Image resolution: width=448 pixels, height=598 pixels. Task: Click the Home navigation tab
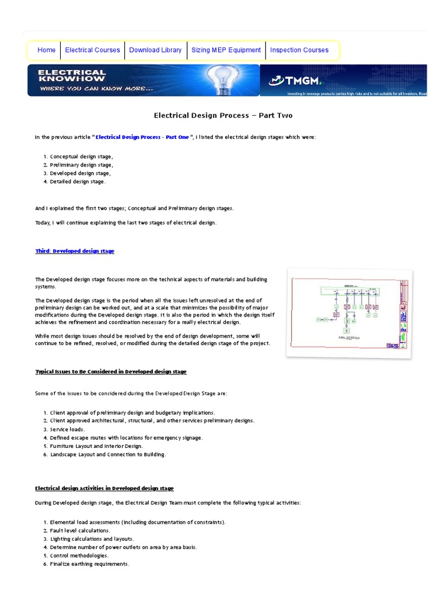pos(46,50)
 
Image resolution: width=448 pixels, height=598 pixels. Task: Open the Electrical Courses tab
pos(92,50)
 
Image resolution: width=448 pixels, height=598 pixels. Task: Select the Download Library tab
pos(155,50)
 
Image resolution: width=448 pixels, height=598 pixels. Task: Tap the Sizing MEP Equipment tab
pos(226,50)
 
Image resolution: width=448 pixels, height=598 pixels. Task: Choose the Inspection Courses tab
pos(299,50)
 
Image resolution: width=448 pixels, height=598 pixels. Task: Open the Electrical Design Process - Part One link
pos(142,137)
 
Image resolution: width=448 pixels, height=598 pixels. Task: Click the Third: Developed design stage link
pos(75,251)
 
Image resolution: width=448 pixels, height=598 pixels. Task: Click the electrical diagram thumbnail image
pos(349,312)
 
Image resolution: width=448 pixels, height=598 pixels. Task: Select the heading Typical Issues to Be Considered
pos(111,371)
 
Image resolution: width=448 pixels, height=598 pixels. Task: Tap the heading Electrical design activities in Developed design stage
pos(104,488)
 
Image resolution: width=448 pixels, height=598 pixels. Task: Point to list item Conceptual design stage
pos(82,157)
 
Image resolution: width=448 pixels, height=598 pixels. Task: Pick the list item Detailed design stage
pos(78,182)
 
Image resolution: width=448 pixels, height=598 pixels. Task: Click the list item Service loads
pos(67,429)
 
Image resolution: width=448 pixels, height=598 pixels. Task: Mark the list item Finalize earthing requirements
pos(89,564)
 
